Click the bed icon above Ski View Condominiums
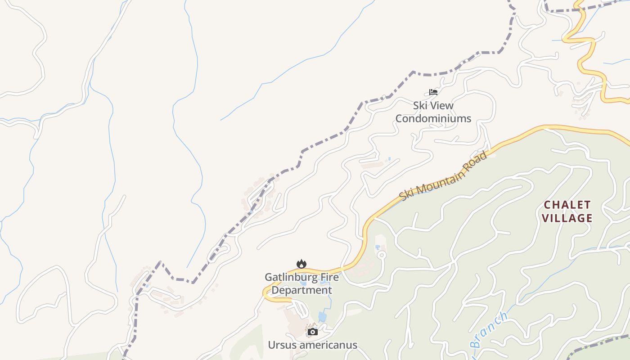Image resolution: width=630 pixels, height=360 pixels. (433, 92)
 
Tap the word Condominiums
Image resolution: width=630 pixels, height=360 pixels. (433, 119)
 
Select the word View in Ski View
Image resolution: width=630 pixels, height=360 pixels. (442, 106)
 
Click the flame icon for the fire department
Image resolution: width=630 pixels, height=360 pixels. (301, 264)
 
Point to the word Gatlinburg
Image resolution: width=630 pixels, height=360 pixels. (286, 277)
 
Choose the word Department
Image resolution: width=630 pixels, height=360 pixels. (301, 290)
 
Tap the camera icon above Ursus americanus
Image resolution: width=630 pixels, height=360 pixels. (313, 332)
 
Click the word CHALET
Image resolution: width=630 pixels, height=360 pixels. (567, 205)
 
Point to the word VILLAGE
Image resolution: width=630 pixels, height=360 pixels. (567, 218)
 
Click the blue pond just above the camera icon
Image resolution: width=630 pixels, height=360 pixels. (322, 317)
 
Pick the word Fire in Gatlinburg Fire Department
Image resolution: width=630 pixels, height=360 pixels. (324, 277)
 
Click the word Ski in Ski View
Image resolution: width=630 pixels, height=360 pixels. (421, 106)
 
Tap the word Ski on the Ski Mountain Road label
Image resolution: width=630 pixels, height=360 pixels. (406, 195)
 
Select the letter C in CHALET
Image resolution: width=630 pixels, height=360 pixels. (548, 205)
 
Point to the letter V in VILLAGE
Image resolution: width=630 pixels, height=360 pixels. (545, 218)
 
